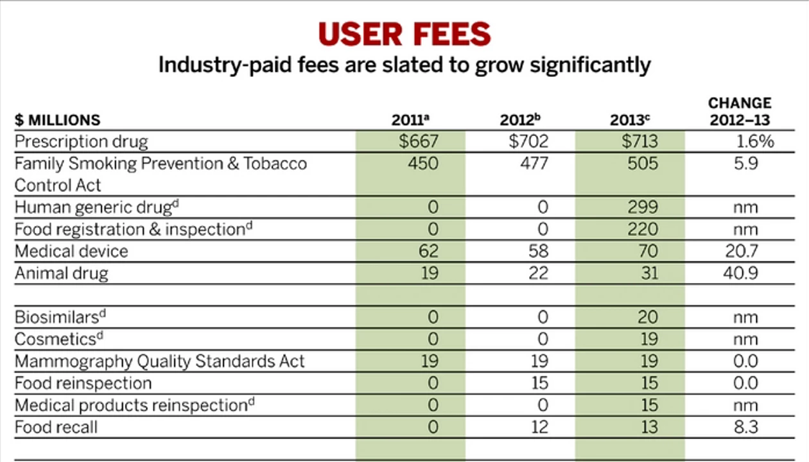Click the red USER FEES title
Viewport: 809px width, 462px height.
[405, 34]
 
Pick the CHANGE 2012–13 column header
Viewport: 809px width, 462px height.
[740, 112]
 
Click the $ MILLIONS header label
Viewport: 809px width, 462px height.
[57, 120]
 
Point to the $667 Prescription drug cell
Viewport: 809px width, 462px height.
[419, 141]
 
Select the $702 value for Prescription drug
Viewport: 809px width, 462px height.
[528, 141]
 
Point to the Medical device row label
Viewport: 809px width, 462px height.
[71, 251]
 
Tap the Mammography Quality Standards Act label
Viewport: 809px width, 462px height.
[159, 361]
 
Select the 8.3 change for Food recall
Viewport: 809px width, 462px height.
[746, 427]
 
